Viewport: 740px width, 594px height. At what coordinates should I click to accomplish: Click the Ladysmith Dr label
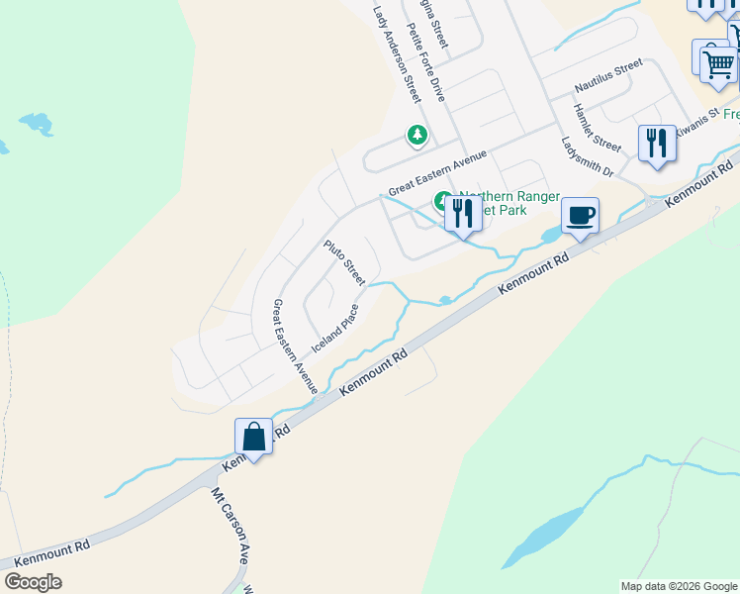588,157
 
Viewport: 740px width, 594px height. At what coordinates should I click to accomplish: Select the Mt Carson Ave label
229,525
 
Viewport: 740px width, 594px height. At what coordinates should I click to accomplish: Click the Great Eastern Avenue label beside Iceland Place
294,346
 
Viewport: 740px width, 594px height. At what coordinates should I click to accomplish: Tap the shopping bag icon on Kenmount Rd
253,437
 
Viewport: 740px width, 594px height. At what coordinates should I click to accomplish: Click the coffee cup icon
581,215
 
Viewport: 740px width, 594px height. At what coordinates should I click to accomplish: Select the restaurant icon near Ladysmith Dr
657,143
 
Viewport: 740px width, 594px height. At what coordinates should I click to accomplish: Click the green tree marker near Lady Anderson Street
417,135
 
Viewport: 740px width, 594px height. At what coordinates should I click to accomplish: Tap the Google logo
33,582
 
